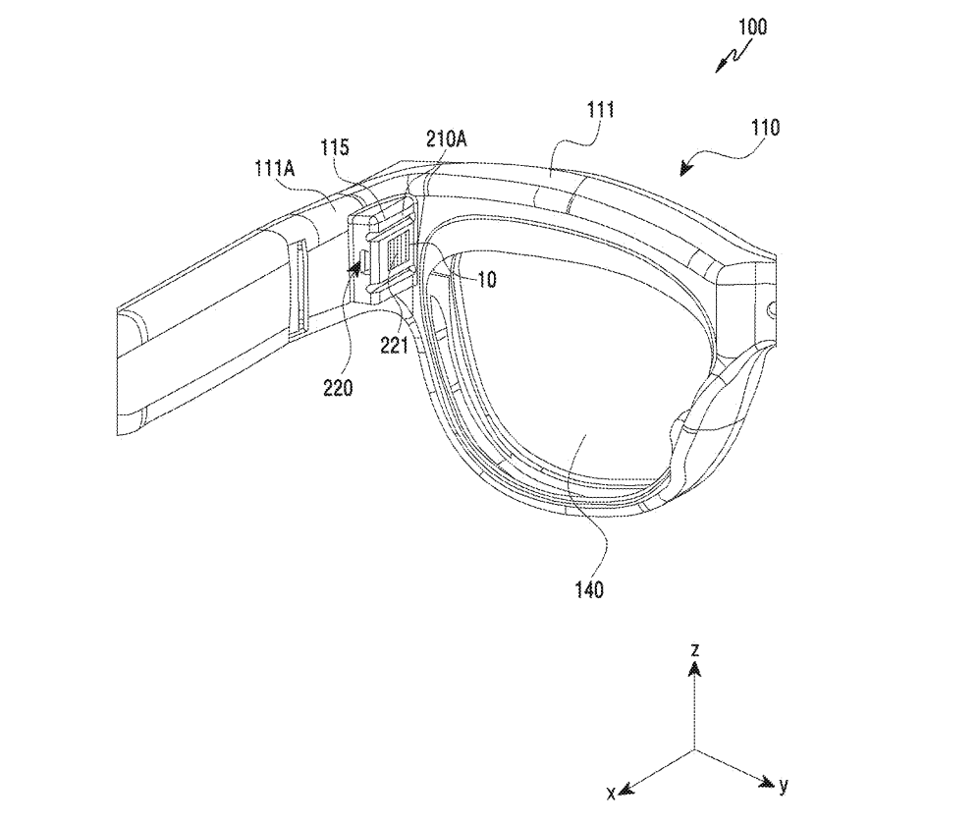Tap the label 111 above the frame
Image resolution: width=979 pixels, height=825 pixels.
600,113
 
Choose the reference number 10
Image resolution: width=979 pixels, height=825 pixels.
486,280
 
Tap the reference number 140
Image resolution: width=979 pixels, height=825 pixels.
589,590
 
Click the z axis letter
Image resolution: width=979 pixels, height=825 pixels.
694,649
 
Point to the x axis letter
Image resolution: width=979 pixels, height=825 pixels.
611,791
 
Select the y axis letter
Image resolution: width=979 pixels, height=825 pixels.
783,785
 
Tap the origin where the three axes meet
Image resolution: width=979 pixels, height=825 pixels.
694,750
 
